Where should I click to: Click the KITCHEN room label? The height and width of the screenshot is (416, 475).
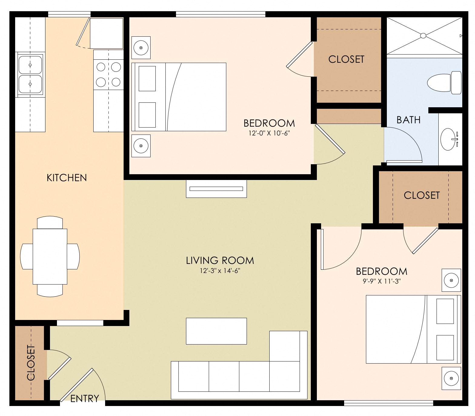pos(67,178)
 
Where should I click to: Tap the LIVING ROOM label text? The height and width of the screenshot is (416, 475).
pos(220,260)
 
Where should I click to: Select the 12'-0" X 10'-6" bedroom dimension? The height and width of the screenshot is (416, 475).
pos(269,133)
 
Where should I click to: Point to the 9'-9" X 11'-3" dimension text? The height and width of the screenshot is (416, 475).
pos(382,281)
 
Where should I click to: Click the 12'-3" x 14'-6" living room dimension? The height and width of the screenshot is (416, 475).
pos(220,271)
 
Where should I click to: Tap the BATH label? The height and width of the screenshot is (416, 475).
pos(408,120)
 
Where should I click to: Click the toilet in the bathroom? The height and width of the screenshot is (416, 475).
pos(444,82)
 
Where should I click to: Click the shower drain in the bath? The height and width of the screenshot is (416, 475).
pos(423,36)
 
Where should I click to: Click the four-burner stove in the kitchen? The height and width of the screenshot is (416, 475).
pos(108,74)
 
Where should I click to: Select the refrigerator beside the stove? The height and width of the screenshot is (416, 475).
pos(106,33)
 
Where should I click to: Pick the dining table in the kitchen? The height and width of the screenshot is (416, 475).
pos(50,256)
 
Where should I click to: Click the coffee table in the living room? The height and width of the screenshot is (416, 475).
pos(216,331)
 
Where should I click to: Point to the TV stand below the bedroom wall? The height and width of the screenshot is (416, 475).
pos(216,189)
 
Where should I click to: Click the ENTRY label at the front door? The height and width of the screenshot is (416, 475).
pos(85,398)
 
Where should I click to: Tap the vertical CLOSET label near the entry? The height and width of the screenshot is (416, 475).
pos(31,363)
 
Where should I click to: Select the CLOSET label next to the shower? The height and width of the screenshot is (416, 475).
pos(346,59)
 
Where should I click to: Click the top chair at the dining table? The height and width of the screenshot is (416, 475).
pos(50,223)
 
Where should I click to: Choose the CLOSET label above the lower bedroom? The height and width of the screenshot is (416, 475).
pos(421,195)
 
